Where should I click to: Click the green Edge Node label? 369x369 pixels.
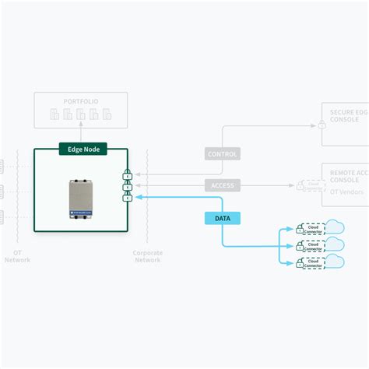click(82, 148)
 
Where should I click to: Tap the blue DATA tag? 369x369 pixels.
click(222, 219)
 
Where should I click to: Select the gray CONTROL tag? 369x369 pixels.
click(222, 154)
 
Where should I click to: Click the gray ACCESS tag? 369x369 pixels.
click(222, 185)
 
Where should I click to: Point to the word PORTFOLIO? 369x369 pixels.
click(82, 102)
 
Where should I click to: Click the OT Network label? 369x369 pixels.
click(17, 256)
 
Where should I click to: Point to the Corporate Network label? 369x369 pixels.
click(147, 256)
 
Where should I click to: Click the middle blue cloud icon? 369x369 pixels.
click(334, 244)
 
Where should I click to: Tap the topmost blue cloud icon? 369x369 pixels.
click(334, 227)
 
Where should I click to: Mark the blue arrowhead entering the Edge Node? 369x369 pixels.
click(139, 198)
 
